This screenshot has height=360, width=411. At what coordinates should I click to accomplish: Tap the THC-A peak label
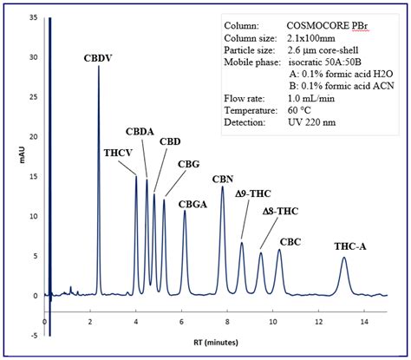349,246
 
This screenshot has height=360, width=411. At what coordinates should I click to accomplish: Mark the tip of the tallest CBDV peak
99,67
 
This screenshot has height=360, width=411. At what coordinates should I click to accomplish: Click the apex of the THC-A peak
344,259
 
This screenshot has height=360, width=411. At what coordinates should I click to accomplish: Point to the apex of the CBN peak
223,187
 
